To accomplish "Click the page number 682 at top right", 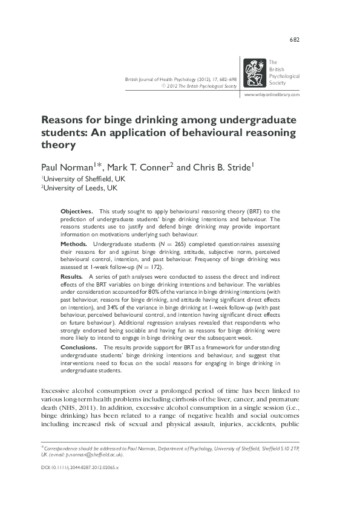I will point(295,41).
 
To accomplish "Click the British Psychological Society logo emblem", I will point(254,73).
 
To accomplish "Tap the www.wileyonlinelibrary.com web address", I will point(271,96).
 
